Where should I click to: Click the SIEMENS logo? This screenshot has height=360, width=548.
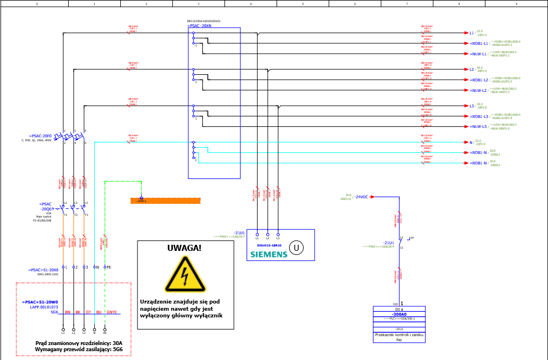point(269,254)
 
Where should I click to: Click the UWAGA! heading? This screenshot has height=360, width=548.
point(185,248)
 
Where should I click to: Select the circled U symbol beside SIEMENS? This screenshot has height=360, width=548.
point(296,248)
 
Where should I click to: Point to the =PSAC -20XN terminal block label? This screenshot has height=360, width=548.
point(199,25)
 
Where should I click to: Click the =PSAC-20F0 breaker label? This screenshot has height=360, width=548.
point(40,136)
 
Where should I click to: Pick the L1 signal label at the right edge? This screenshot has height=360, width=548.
point(472,33)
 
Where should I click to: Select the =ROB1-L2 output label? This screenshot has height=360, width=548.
point(479,80)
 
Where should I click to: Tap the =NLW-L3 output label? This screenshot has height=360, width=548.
point(479,126)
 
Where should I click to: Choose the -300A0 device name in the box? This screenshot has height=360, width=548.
point(399,314)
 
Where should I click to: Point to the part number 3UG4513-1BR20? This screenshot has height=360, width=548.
point(269,245)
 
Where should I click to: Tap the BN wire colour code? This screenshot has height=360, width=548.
point(68,312)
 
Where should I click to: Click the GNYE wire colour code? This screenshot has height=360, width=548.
point(111,312)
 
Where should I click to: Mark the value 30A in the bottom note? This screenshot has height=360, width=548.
point(117,343)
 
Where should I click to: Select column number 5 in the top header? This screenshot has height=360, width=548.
point(303,3)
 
